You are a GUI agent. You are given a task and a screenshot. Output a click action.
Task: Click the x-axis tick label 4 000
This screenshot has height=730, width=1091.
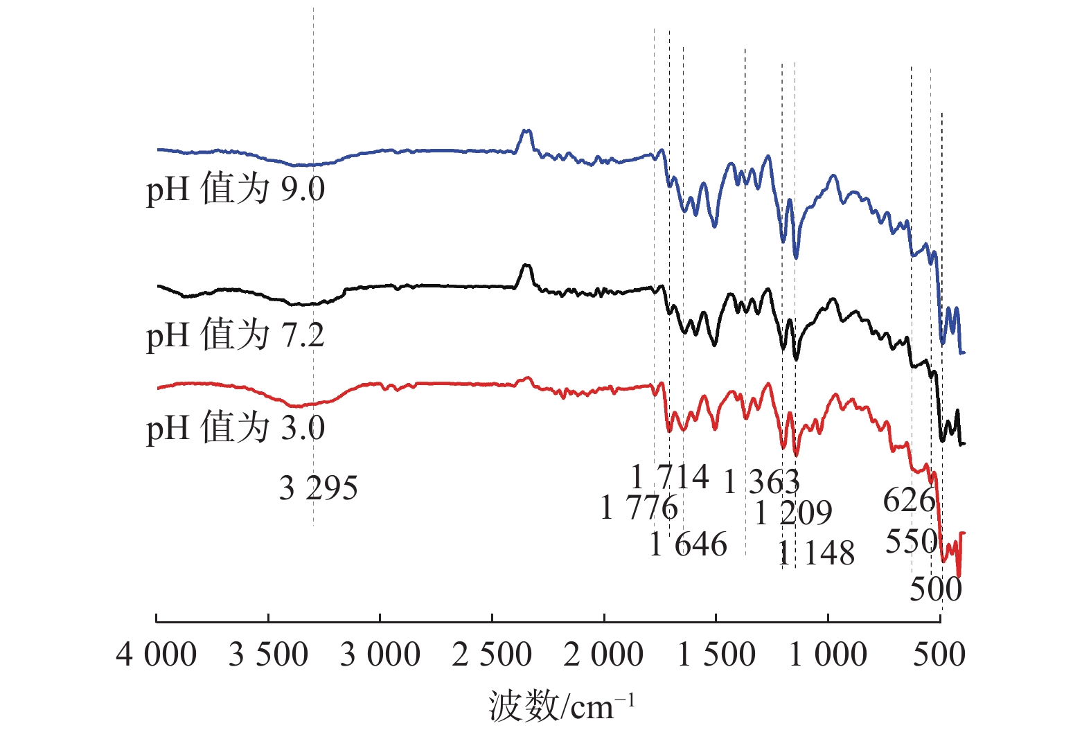(x=157, y=655)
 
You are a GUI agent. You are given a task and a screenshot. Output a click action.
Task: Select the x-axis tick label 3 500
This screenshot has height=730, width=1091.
(x=268, y=655)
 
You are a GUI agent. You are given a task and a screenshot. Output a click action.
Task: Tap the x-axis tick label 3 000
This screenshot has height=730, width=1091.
(x=380, y=655)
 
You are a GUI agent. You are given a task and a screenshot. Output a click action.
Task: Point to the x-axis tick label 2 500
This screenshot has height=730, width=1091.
(x=492, y=655)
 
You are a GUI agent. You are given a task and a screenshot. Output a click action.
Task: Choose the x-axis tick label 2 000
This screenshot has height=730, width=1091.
(x=604, y=655)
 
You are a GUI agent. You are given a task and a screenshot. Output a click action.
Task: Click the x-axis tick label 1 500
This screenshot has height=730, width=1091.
(x=716, y=655)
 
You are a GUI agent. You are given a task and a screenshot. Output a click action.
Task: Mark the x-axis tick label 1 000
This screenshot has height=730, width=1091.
(x=828, y=655)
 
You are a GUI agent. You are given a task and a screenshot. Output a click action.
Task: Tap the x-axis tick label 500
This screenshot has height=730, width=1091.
(x=939, y=655)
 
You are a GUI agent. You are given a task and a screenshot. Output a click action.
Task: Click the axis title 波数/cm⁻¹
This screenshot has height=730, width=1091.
(x=561, y=706)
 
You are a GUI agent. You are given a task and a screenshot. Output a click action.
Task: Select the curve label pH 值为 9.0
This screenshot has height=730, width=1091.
(x=236, y=189)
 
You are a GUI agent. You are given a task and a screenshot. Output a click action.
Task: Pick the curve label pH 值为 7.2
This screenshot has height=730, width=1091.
(x=236, y=335)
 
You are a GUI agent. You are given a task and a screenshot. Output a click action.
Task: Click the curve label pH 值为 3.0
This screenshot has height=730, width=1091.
(x=236, y=427)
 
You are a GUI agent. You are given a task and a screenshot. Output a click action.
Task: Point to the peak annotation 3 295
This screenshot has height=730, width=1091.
(x=319, y=488)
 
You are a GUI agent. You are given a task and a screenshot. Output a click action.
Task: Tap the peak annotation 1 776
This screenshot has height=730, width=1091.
(x=639, y=508)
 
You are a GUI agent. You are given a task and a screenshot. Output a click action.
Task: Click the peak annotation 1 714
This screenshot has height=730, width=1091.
(x=670, y=477)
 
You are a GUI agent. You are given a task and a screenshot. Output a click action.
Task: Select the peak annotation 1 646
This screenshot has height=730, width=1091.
(x=689, y=544)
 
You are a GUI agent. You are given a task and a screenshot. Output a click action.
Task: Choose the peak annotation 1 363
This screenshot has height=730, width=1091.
(x=761, y=481)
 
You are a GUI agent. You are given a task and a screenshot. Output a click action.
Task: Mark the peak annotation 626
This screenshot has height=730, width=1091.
(x=909, y=500)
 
